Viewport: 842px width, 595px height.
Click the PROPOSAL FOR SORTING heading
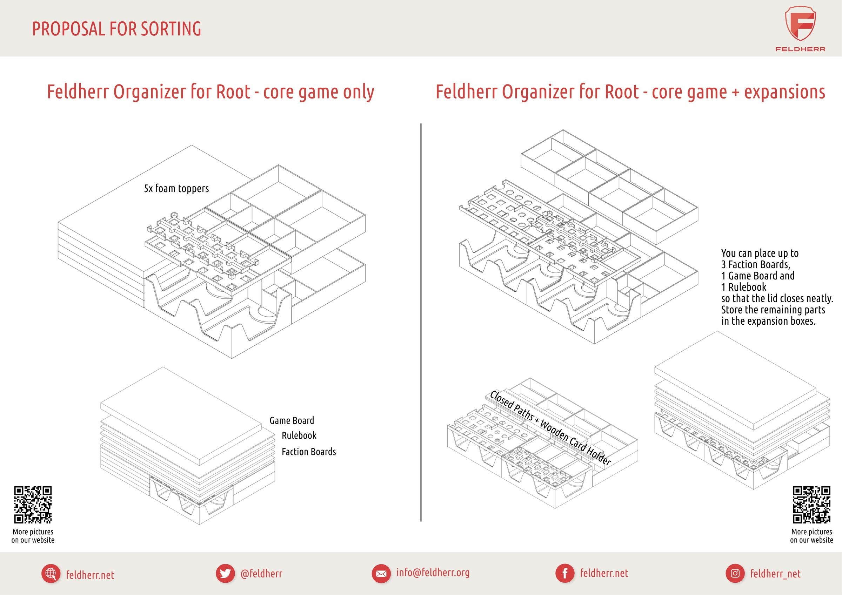pos(116,29)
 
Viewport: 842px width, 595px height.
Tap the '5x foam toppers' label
pos(176,188)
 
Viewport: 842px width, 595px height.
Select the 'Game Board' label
pos(292,420)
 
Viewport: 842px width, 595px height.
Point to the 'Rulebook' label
pos(299,435)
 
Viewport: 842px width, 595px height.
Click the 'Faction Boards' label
pos(308,452)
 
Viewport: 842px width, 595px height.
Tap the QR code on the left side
pos(33,505)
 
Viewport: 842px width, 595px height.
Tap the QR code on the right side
pos(811,505)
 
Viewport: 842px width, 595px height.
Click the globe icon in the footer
pos(51,574)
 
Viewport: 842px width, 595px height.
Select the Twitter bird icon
pos(225,573)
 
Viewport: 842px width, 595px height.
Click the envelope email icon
pos(381,574)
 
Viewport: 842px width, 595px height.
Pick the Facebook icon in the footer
pos(565,573)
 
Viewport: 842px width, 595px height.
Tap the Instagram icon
pos(735,573)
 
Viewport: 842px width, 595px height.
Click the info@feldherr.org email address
pos(433,573)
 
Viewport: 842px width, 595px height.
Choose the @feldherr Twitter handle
pos(261,573)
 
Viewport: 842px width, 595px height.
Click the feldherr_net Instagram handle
pos(775,574)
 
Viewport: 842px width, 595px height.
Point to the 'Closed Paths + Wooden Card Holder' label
pos(550,428)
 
